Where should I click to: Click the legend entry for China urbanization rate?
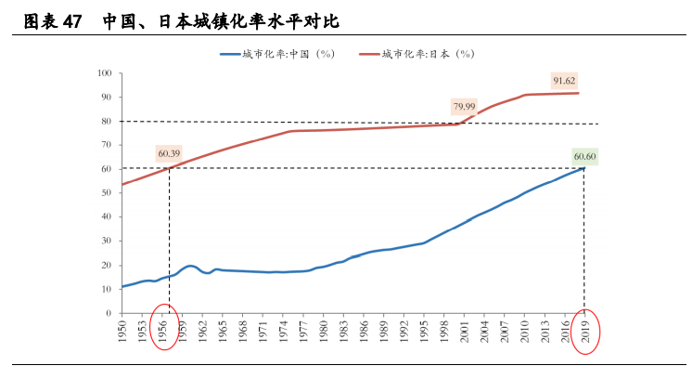click(277, 54)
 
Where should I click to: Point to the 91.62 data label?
click(565, 81)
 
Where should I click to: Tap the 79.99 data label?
click(465, 107)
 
